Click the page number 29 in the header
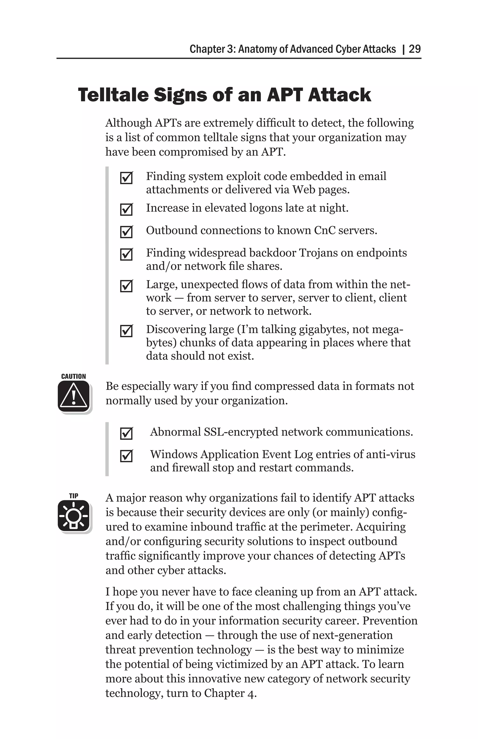(x=415, y=49)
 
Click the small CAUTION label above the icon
(x=74, y=376)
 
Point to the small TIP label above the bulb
(x=74, y=496)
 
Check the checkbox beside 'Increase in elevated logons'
(x=126, y=210)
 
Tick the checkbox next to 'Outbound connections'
(x=126, y=232)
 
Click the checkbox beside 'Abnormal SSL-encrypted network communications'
(x=126, y=433)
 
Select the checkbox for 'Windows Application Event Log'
(x=126, y=456)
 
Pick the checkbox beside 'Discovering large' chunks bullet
(x=126, y=331)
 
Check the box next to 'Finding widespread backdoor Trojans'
(x=126, y=255)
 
